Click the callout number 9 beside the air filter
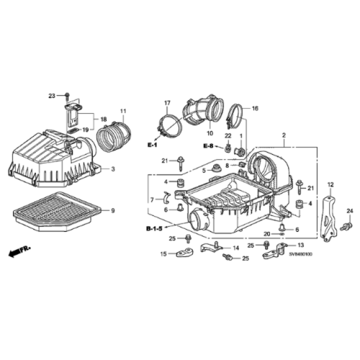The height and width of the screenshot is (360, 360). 112,210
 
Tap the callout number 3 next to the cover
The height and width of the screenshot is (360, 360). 112,169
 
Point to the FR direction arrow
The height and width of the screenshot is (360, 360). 20,251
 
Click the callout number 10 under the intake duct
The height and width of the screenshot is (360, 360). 210,134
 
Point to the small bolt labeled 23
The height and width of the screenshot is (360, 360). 67,96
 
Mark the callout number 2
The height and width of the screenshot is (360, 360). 283,136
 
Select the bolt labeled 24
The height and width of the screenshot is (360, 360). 343,226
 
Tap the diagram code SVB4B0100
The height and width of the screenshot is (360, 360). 301,254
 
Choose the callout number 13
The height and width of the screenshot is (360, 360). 300,245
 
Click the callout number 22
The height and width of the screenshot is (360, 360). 228,136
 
